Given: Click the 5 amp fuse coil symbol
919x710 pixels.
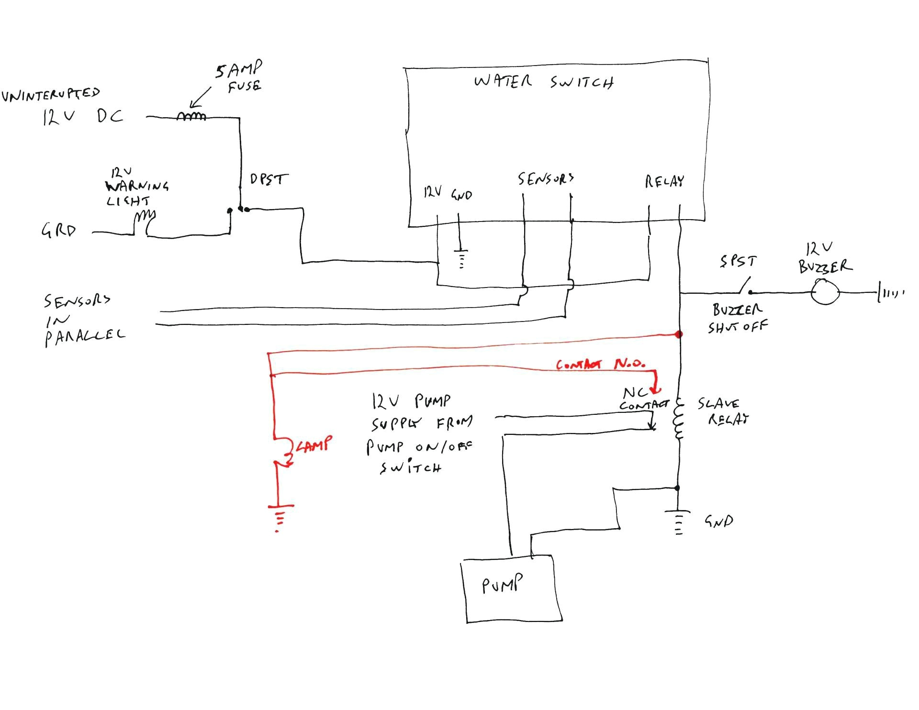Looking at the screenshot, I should (191, 116).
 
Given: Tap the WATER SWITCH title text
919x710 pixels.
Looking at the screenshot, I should (544, 82).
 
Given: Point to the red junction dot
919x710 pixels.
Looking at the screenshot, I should (678, 334).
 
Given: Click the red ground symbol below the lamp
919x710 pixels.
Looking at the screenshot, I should (280, 516).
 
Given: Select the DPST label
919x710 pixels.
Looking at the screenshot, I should (269, 179).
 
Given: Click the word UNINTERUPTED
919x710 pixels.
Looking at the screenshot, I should (51, 94).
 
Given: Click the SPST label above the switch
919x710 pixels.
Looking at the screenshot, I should (738, 261).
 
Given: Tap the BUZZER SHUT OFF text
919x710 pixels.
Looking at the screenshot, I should (737, 318).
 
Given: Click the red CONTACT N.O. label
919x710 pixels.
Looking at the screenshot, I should (600, 364).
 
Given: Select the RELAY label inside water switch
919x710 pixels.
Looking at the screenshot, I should (664, 181).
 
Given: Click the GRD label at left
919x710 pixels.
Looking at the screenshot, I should (59, 231).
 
